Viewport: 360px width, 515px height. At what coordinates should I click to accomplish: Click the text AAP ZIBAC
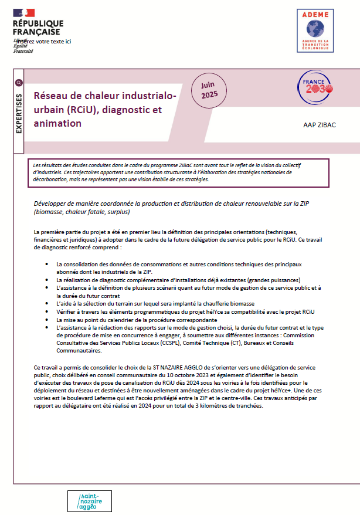[x=320, y=125]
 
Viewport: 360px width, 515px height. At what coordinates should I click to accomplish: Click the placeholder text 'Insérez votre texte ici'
[x=44, y=42]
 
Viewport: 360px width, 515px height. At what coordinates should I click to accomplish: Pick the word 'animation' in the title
[x=57, y=123]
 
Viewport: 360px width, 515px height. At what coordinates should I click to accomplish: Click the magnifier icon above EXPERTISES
[x=19, y=83]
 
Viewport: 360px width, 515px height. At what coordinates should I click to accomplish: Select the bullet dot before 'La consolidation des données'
[x=47, y=265]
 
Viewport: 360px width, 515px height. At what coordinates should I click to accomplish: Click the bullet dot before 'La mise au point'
[x=47, y=321]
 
